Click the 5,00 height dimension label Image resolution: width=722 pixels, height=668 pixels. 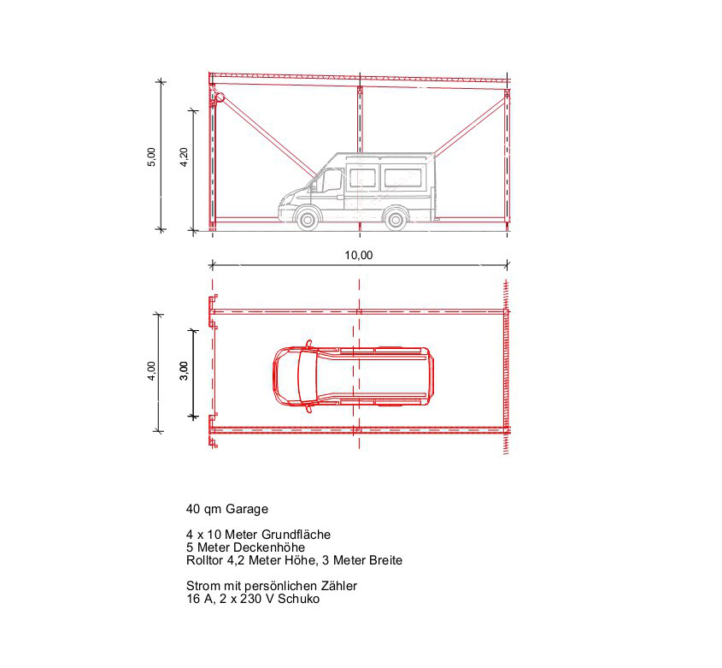pyautogui.click(x=151, y=157)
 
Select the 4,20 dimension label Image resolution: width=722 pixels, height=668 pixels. pyautogui.click(x=183, y=157)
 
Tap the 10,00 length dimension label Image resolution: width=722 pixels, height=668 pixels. pyautogui.click(x=359, y=255)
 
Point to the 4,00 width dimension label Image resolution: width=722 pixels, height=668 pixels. pyautogui.click(x=151, y=371)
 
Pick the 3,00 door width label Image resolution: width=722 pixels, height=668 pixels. pyautogui.click(x=183, y=371)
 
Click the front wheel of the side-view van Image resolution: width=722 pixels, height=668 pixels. pyautogui.click(x=307, y=218)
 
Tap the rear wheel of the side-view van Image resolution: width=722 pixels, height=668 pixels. pyautogui.click(x=395, y=218)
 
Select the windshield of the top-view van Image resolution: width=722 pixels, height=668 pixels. pyautogui.click(x=308, y=375)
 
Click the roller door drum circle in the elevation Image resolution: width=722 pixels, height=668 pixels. pyautogui.click(x=220, y=98)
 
